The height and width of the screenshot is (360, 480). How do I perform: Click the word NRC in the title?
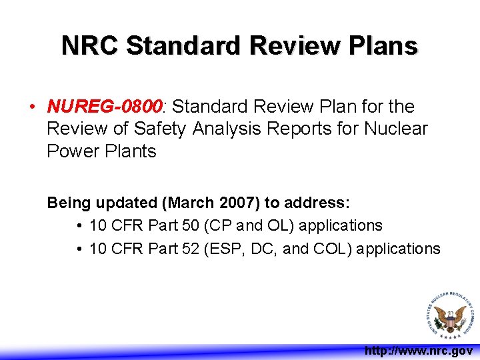[x=90, y=46]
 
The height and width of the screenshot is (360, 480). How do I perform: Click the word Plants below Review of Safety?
[x=130, y=151]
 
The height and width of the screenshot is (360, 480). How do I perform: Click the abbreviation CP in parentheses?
[x=217, y=226]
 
